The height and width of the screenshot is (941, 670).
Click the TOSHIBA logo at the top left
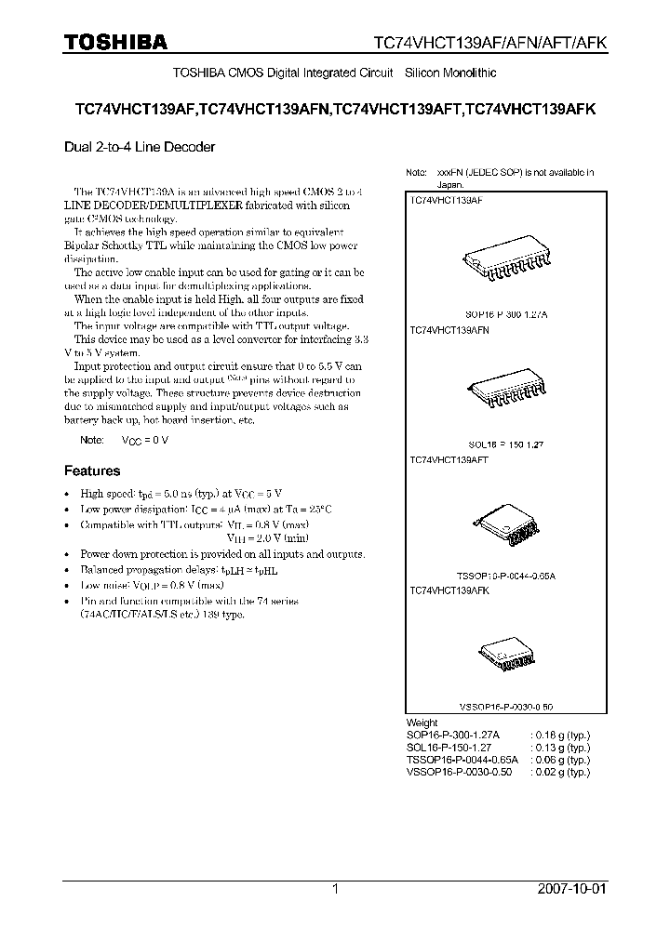pos(115,42)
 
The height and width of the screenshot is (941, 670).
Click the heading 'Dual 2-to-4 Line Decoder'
pos(140,147)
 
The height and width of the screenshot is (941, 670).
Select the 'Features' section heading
pos(91,470)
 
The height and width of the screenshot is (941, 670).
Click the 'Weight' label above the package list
pos(422,722)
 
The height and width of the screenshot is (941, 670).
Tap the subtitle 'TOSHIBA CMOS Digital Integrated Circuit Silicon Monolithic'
pos(335,73)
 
